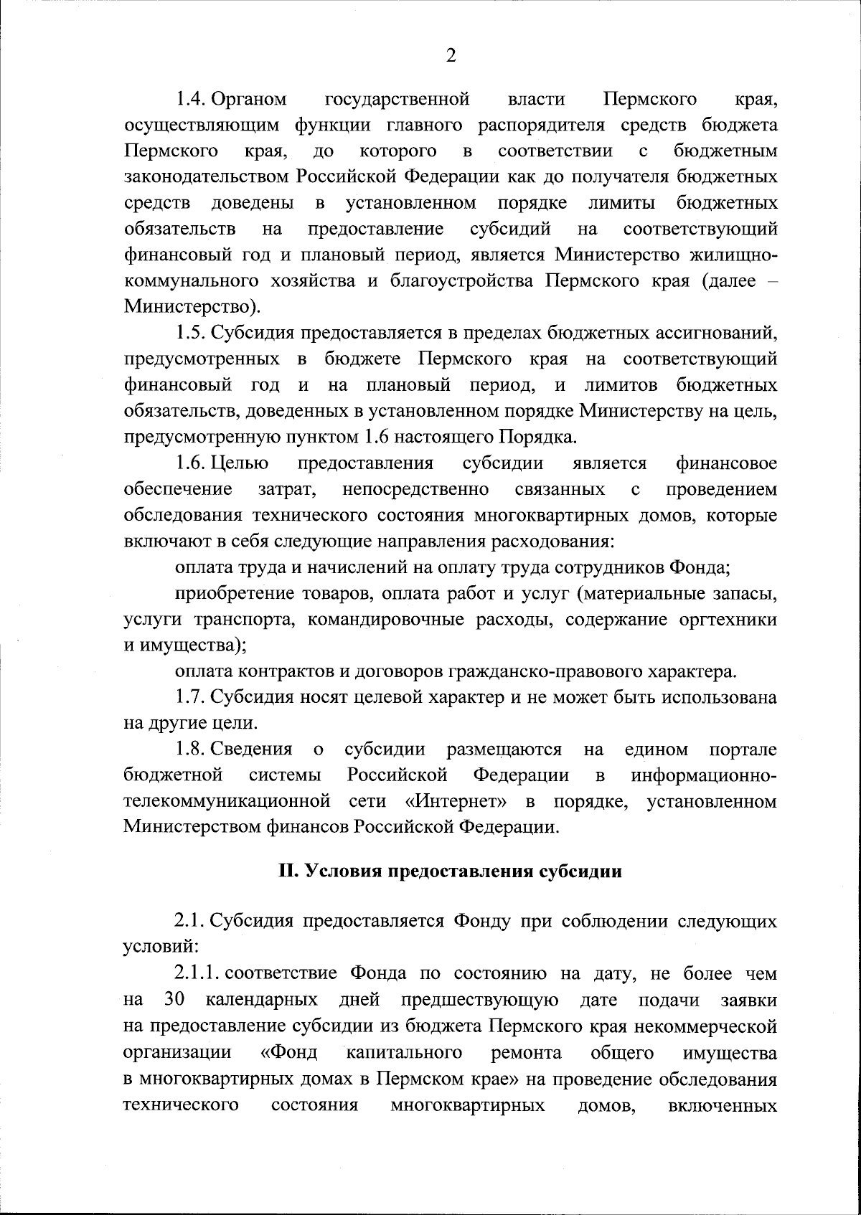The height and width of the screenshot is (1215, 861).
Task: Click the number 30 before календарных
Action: [176, 1001]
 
